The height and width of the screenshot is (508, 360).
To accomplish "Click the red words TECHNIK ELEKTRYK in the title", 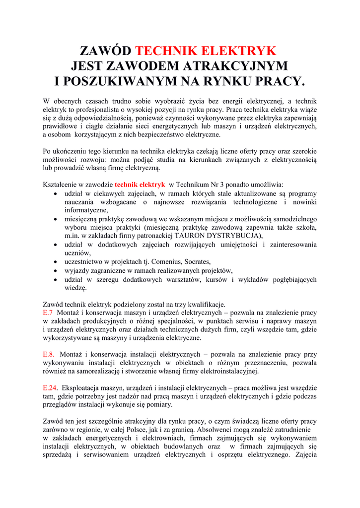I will (x=206, y=51).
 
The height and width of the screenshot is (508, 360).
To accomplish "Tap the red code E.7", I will (x=48, y=313).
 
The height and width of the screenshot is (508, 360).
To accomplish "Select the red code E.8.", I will (x=49, y=354).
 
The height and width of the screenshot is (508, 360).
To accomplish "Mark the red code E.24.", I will (x=50, y=387).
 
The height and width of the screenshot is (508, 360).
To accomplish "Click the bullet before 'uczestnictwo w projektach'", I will (x=57, y=261).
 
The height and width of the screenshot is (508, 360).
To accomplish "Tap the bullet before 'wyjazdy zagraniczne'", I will (x=57, y=270).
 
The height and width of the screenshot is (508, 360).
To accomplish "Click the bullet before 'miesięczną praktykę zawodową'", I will (x=57, y=219).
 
